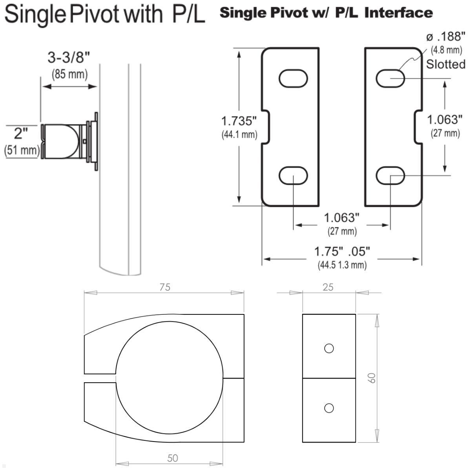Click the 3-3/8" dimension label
click(69, 58)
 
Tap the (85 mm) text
click(69, 74)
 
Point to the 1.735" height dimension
click(239, 120)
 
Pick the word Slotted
click(445, 64)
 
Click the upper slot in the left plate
click(293, 78)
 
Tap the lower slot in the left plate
click(293, 175)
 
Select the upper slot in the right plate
click(390, 78)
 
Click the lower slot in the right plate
click(390, 175)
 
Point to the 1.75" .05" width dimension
click(342, 251)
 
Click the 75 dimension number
click(165, 287)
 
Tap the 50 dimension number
click(172, 458)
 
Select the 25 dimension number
click(328, 287)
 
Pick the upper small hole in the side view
click(329, 348)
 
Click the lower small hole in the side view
click(329, 408)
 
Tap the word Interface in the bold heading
click(398, 13)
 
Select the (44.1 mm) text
click(239, 135)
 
